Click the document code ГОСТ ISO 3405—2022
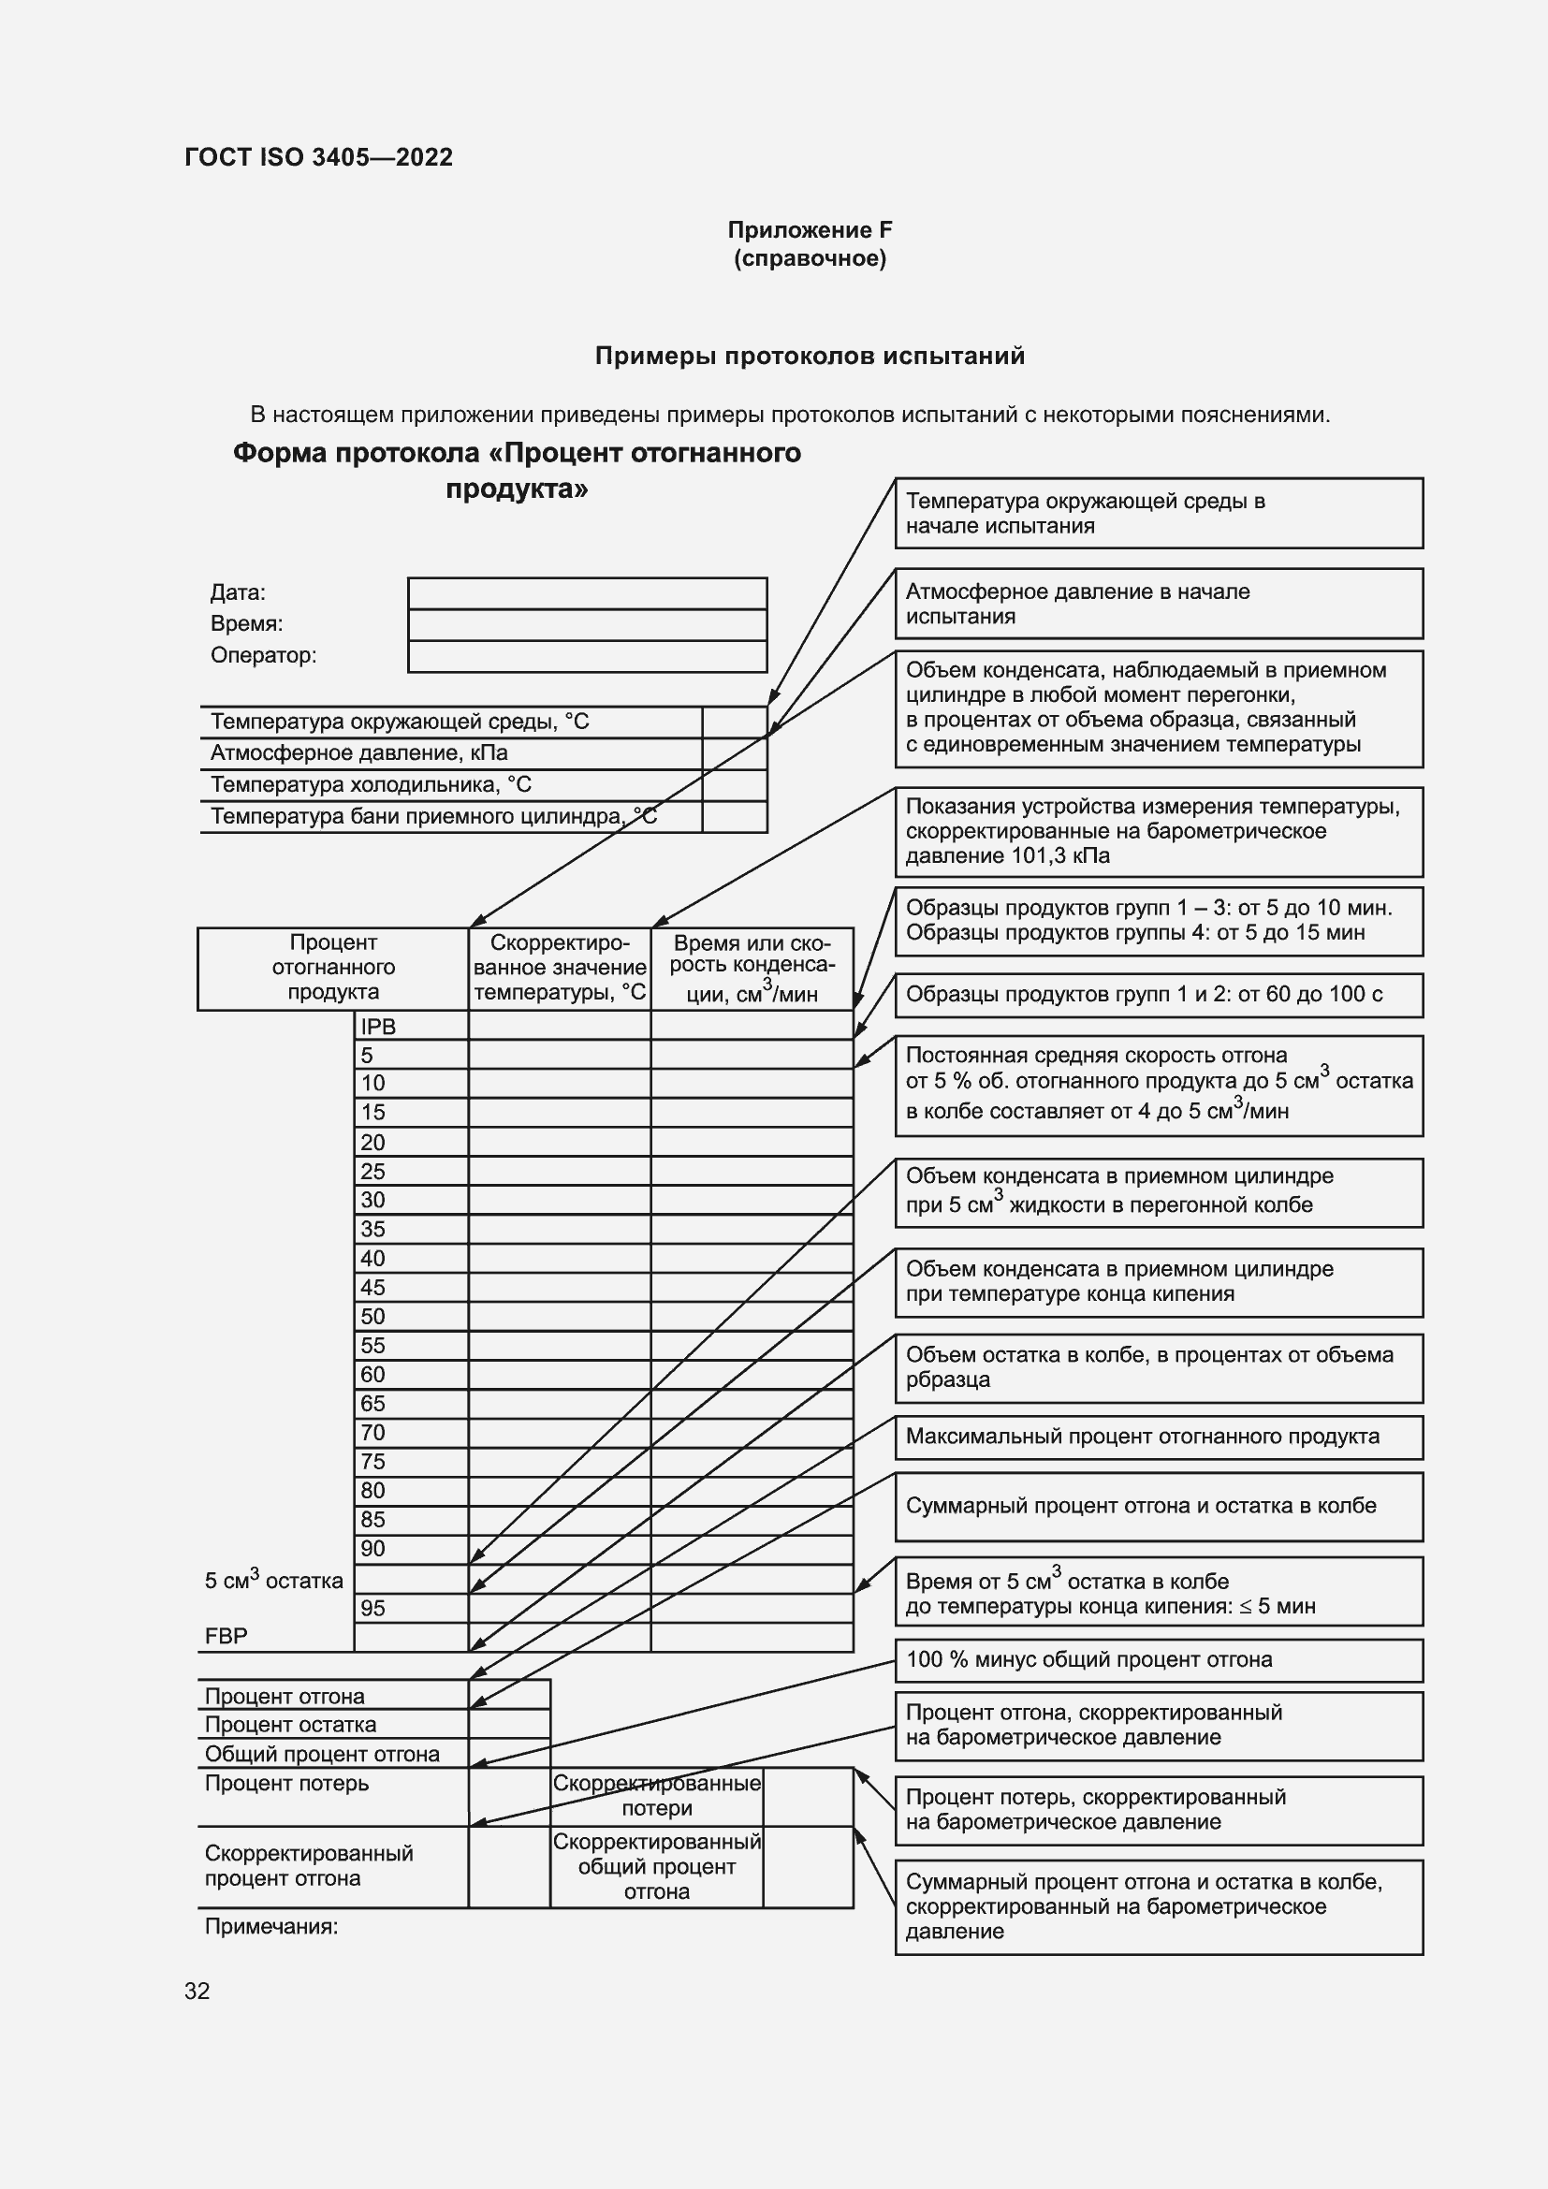tap(318, 157)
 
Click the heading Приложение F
tap(810, 230)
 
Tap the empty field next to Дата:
tap(587, 593)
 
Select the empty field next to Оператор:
tap(587, 656)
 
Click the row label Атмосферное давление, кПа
tap(359, 753)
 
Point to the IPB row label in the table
tap(378, 1027)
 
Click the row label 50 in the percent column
tap(372, 1317)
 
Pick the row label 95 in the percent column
tap(372, 1609)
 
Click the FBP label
tap(226, 1636)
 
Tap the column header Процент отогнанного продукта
tap(332, 967)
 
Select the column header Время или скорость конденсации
tap(752, 968)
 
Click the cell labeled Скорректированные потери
tap(657, 1795)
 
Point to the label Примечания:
tap(271, 1926)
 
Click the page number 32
tap(197, 1991)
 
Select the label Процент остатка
tap(291, 1725)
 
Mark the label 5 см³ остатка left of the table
tap(273, 1580)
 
